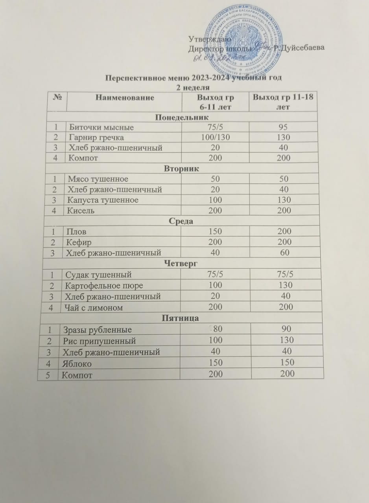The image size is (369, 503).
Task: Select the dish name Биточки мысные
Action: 101,127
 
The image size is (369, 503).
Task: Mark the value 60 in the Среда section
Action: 284,252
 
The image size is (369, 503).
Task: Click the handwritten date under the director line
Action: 219,59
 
